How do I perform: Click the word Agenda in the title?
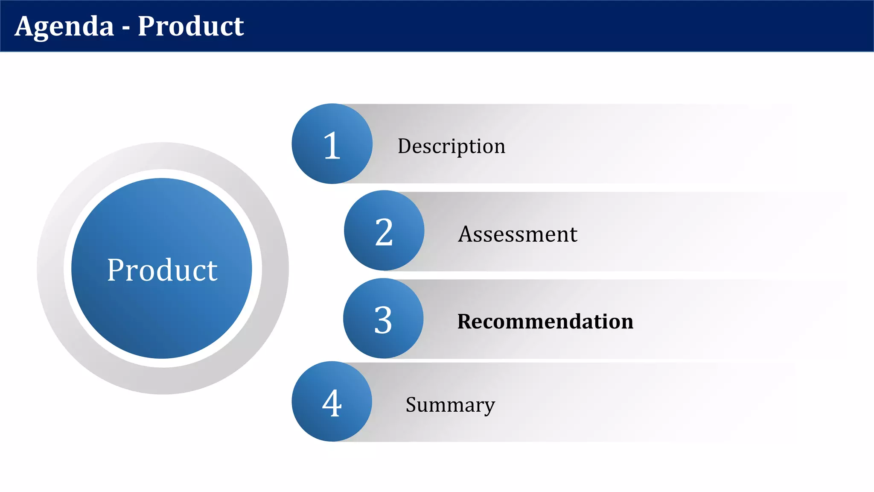point(64,26)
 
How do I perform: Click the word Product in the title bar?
point(190,26)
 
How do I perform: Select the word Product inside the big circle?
point(162,270)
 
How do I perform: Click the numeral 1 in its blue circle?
point(332,146)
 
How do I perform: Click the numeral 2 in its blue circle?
point(384,232)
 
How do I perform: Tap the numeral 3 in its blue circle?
point(383,320)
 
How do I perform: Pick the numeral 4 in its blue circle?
point(332,404)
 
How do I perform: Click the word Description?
point(451,146)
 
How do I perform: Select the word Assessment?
point(517,234)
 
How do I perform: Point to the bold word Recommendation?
point(545,322)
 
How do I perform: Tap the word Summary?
point(450,404)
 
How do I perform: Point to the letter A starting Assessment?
point(465,234)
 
